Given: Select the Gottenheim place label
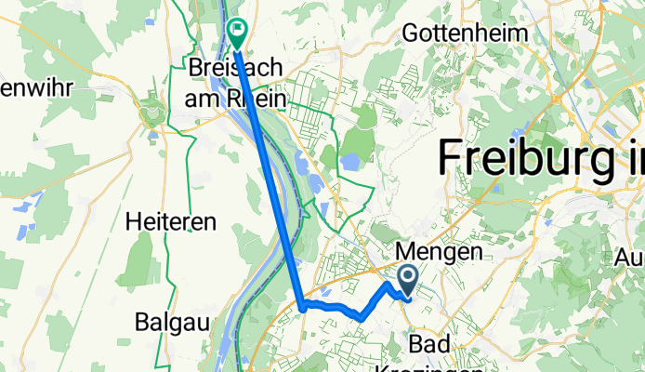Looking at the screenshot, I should click(465, 33).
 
